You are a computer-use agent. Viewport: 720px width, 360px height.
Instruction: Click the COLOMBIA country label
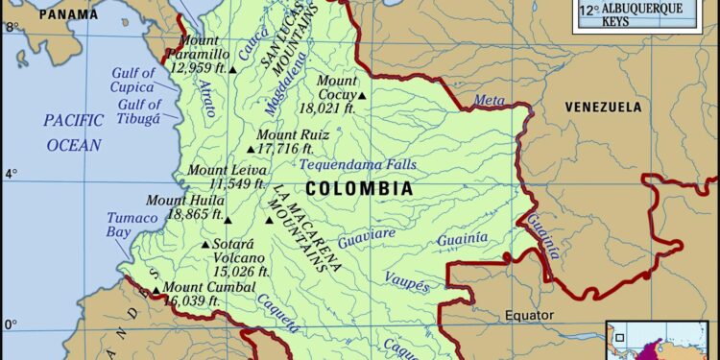click(x=358, y=189)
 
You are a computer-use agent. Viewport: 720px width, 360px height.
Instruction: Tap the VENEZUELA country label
click(x=602, y=106)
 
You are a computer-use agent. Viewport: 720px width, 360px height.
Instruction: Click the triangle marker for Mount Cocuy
click(x=362, y=95)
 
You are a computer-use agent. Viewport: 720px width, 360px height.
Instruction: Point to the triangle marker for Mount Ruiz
click(x=252, y=149)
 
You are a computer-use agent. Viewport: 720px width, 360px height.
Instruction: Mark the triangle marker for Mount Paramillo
click(x=232, y=69)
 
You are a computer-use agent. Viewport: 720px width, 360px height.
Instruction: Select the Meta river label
click(x=488, y=100)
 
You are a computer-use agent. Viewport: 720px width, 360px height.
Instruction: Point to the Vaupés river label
click(x=407, y=281)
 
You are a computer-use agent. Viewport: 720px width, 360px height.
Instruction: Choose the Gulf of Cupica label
click(x=132, y=81)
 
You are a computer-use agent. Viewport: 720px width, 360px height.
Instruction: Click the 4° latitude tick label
click(x=12, y=174)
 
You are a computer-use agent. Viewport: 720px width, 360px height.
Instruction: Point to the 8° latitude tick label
click(x=12, y=26)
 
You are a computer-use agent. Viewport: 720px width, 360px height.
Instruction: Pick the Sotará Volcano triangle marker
click(x=204, y=245)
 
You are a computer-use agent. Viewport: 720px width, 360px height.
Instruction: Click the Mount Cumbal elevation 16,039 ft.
click(x=191, y=301)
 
